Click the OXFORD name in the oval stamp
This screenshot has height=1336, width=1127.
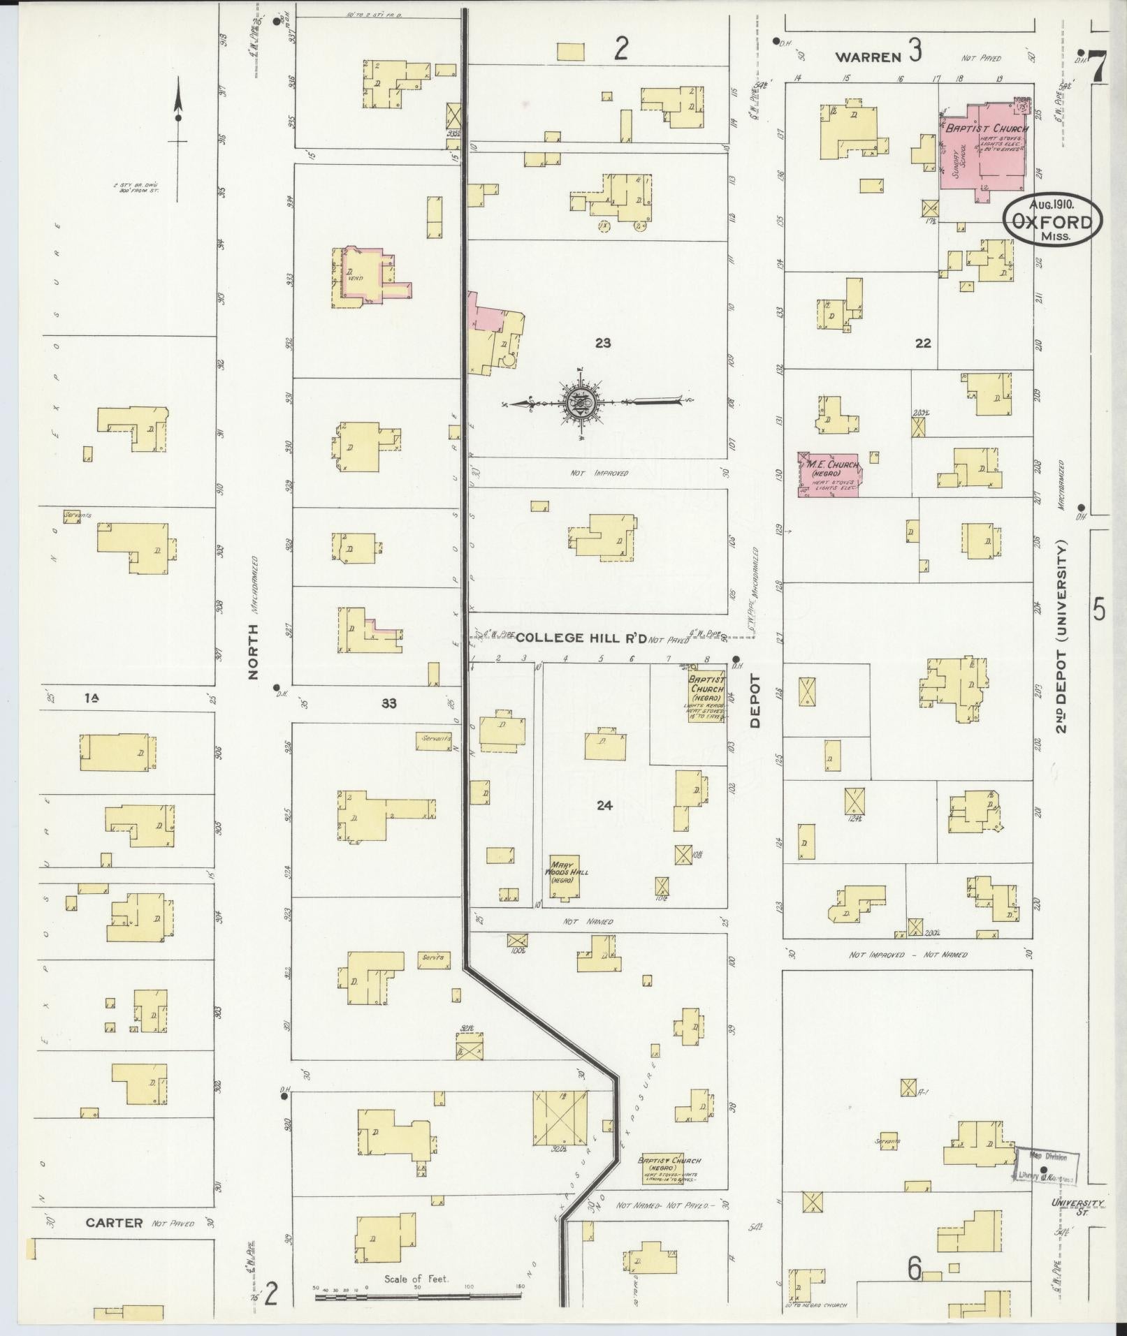(x=1054, y=222)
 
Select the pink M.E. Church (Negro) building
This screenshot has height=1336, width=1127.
(x=830, y=474)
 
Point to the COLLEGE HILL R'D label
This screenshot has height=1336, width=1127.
(x=580, y=637)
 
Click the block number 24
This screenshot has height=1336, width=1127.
(x=604, y=805)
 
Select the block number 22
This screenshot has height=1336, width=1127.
(x=923, y=343)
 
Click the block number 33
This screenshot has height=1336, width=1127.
(x=388, y=703)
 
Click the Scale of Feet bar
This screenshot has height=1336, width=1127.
(x=418, y=1296)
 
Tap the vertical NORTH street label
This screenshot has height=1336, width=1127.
(x=253, y=651)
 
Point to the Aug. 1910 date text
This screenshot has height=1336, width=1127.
(x=1052, y=205)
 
